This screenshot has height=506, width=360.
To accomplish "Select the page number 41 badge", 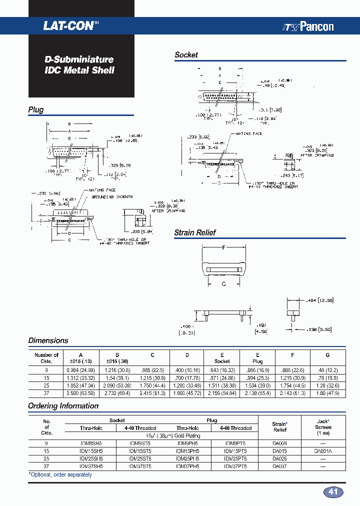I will [x=333, y=491].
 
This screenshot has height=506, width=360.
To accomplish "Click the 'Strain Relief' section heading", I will [x=194, y=232].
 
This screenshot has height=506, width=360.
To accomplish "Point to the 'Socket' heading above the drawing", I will [x=186, y=55].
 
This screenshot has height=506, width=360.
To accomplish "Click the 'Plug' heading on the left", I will [x=36, y=110].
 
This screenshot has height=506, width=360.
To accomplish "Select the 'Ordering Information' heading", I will [x=63, y=406].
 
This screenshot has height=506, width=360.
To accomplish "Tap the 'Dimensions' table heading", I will [x=48, y=340].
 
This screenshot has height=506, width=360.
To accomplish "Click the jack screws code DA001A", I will [x=323, y=451].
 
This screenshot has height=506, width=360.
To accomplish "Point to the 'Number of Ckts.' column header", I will [x=46, y=358].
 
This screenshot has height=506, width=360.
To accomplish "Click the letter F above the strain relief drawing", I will [x=223, y=247].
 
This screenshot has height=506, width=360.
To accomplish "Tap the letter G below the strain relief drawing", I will [x=223, y=283].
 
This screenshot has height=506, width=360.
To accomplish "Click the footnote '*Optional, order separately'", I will [x=60, y=474].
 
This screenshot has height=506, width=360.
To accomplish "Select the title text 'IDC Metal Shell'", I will [x=79, y=70].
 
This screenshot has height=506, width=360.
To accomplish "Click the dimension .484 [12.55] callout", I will [x=319, y=300].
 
